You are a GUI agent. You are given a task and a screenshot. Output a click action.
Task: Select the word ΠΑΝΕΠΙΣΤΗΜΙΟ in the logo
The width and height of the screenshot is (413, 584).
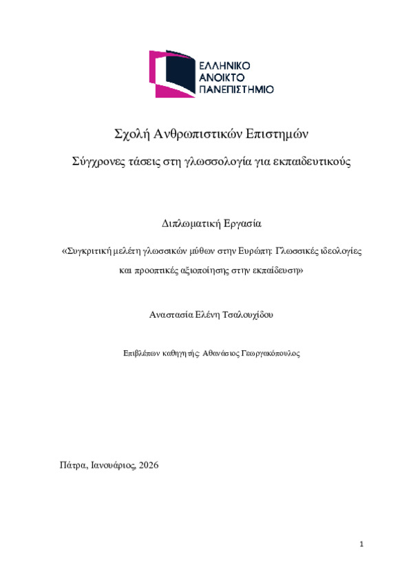[236, 89]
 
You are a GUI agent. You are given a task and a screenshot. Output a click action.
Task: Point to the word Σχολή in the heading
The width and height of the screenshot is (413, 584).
[131, 133]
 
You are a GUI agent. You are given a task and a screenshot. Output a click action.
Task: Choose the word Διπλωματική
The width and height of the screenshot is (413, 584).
[183, 224]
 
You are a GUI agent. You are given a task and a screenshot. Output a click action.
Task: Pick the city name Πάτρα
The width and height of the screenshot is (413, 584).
[74, 465]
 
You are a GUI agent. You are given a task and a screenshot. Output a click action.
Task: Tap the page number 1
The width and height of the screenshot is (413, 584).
[361, 545]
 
